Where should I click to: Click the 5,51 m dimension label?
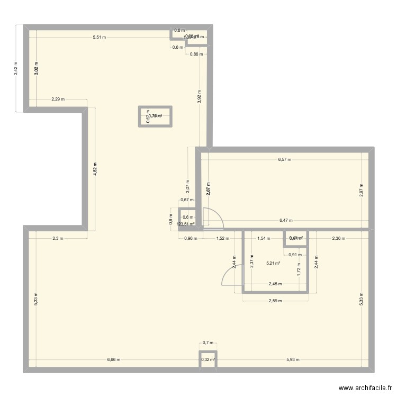click(x=99, y=37)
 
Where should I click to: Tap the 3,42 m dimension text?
click(x=16, y=69)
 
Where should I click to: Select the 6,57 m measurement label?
click(x=284, y=159)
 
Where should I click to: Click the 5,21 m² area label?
click(x=273, y=263)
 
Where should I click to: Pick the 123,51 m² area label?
click(x=186, y=224)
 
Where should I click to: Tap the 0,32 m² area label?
click(x=207, y=360)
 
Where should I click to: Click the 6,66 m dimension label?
click(x=113, y=360)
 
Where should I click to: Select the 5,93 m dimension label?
click(x=292, y=360)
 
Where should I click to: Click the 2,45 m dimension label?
click(x=275, y=284)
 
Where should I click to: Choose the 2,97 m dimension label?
click(x=362, y=190)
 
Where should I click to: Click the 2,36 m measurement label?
click(x=338, y=238)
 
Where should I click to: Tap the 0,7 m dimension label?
click(x=207, y=343)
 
